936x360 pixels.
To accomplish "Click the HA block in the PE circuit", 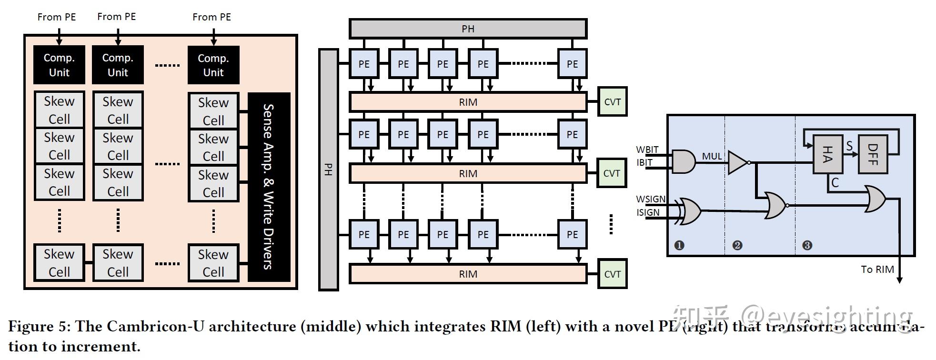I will (827, 154).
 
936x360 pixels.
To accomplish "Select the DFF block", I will (873, 154).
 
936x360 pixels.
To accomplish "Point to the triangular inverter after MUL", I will (737, 163).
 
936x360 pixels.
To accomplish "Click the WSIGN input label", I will (651, 199).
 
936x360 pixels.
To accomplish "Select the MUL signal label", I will (712, 156).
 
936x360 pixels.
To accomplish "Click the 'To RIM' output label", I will (877, 270).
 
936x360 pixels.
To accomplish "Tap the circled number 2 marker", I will (737, 245).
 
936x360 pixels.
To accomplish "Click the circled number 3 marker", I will (807, 245).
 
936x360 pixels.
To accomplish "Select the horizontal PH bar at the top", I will (468, 29).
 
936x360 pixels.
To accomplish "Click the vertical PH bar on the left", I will (328, 170).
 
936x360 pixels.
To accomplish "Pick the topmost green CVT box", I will (612, 101).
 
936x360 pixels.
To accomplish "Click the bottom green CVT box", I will (612, 274).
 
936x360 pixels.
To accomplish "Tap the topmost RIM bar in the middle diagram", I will (468, 102).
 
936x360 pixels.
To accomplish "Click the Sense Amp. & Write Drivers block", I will (269, 187).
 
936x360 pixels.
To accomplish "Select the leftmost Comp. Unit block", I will (59, 65).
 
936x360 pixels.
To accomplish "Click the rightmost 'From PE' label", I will (211, 17).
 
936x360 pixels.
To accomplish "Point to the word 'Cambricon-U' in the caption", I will (151, 327).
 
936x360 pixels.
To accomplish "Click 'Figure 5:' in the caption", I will (40, 327).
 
